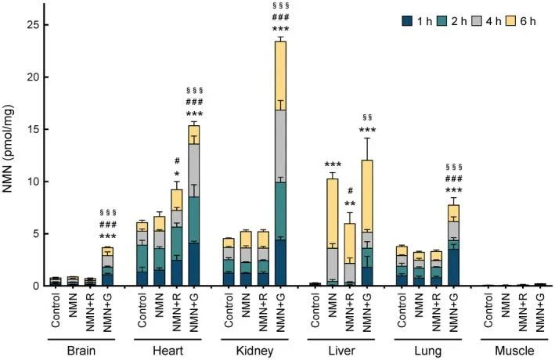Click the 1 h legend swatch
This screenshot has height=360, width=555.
click(x=408, y=21)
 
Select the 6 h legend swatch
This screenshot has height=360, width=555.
click(x=511, y=21)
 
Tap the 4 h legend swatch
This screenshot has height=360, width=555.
click(x=477, y=21)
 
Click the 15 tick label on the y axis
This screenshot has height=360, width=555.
click(x=33, y=130)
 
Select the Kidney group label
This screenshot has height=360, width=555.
click(x=254, y=351)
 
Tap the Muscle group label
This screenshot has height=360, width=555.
click(x=514, y=351)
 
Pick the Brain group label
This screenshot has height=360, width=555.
click(x=81, y=351)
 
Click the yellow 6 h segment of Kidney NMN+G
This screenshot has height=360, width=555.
click(x=280, y=76)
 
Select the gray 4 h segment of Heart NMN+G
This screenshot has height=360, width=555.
click(x=194, y=171)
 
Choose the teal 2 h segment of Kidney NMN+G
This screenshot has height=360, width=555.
click(x=280, y=211)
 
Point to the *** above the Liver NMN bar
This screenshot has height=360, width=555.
click(x=333, y=164)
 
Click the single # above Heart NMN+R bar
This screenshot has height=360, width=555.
click(x=177, y=161)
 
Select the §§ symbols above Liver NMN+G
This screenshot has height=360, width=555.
click(x=367, y=117)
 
